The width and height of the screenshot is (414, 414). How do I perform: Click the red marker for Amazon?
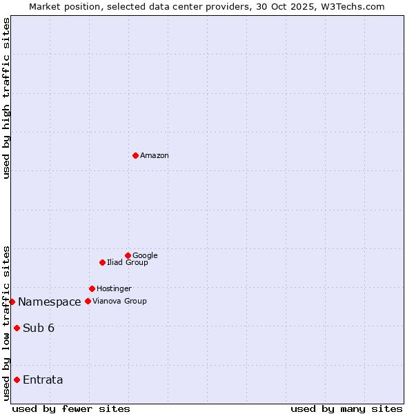click(x=135, y=155)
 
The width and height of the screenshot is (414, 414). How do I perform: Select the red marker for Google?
click(x=128, y=255)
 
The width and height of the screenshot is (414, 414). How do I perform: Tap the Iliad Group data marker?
click(x=102, y=262)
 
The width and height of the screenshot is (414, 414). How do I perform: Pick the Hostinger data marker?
click(x=92, y=288)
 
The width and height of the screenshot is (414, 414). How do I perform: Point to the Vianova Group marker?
click(x=88, y=301)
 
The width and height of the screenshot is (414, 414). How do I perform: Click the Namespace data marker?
click(x=12, y=302)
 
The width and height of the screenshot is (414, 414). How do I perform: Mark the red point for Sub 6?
click(x=17, y=328)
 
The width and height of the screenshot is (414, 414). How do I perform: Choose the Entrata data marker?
click(x=17, y=379)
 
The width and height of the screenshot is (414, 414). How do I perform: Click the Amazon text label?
click(x=155, y=156)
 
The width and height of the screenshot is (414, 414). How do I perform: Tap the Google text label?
click(x=145, y=256)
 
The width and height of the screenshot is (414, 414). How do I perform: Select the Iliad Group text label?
click(x=128, y=263)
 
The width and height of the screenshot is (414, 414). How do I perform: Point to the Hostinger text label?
click(x=114, y=289)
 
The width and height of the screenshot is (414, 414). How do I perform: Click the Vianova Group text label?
click(x=119, y=302)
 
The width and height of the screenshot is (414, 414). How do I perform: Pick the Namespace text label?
click(x=50, y=302)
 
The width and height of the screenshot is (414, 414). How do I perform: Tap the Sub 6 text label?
click(x=39, y=328)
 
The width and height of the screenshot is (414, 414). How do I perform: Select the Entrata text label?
click(x=43, y=380)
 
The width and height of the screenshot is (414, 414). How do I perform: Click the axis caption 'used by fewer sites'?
click(x=71, y=408)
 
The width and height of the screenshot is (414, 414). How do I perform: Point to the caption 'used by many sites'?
click(x=346, y=408)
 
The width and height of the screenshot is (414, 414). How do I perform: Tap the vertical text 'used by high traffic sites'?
click(x=6, y=98)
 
